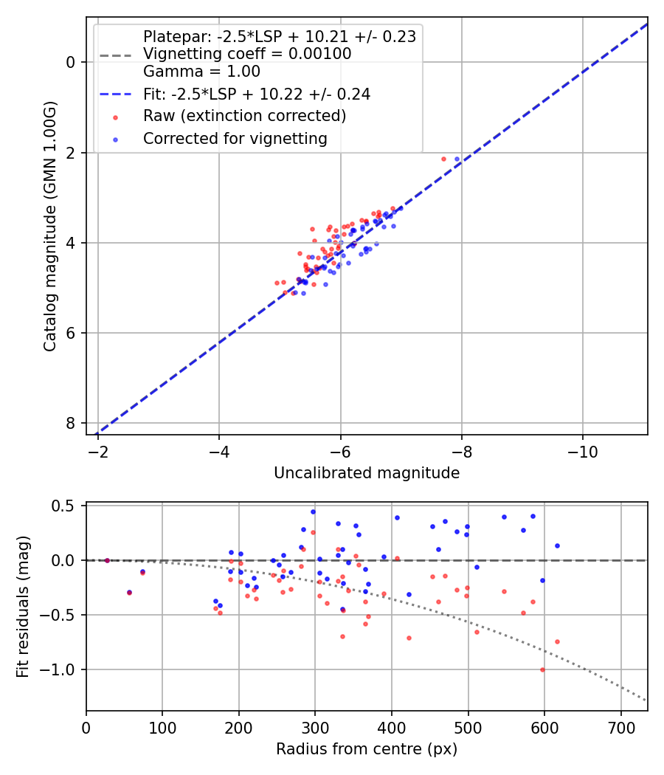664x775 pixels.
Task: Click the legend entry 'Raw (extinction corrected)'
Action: click(244, 116)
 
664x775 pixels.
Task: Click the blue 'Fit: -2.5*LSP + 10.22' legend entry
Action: click(257, 94)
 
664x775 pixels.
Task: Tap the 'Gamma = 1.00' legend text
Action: click(201, 72)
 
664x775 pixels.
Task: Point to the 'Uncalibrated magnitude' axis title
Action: click(367, 473)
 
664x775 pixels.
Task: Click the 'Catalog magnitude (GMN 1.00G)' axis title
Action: click(50, 243)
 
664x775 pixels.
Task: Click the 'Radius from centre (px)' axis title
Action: click(367, 749)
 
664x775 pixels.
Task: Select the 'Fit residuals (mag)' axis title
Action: click(23, 607)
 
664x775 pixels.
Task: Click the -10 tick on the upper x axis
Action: click(582, 449)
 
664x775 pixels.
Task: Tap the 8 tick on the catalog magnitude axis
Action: click(72, 423)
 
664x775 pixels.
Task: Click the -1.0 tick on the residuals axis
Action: click(65, 669)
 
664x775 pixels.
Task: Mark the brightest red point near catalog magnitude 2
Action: click(443, 159)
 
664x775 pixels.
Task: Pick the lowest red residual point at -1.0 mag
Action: click(542, 669)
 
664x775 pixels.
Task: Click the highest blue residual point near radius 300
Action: click(313, 512)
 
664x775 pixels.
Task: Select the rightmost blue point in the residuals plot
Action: click(557, 545)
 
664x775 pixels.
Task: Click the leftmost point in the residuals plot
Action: click(107, 560)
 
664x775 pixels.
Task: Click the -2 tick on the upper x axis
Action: click(98, 449)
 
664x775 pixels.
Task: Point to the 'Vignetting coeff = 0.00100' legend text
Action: click(247, 54)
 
